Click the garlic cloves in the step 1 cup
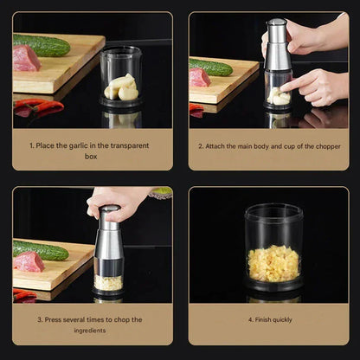click(122, 87)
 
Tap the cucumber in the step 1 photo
click(42, 45)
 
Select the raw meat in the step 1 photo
click(26, 59)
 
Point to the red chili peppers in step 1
click(39, 108)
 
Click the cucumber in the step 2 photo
click(212, 67)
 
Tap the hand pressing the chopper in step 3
click(117, 201)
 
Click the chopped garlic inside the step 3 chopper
click(108, 282)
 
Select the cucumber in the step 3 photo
click(40, 251)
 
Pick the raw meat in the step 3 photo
click(28, 262)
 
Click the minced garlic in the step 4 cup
click(273, 263)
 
